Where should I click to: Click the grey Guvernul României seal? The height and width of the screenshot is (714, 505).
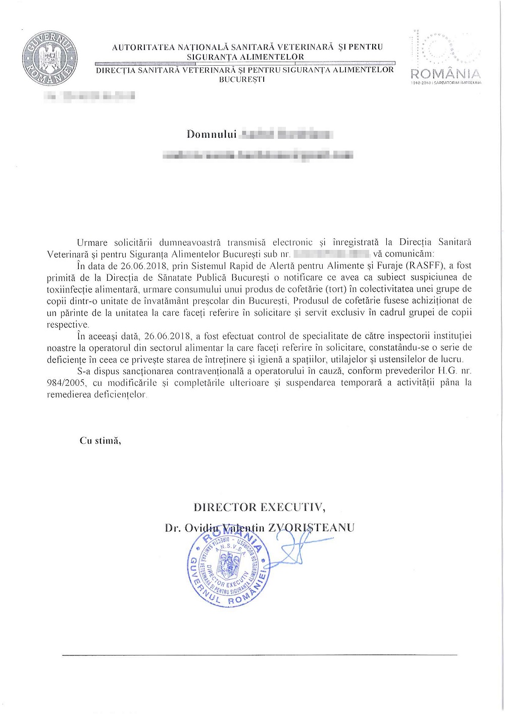49,59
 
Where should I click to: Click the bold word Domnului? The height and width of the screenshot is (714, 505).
212,134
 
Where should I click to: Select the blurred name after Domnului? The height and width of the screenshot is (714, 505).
286,134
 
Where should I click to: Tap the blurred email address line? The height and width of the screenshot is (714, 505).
258,155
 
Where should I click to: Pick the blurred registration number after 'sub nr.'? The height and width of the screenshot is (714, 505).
331,254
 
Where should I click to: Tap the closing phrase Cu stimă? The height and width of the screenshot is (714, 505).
100,440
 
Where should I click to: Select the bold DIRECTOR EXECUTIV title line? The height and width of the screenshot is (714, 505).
260,507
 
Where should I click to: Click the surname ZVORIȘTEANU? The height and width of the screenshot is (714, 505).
311,528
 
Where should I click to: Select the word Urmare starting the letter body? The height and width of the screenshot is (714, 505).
92,242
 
